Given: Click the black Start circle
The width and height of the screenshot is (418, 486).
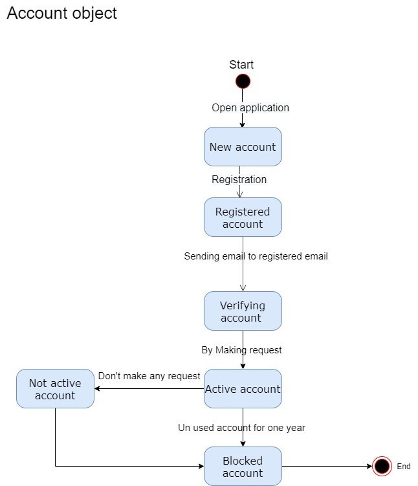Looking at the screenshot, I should (243, 82).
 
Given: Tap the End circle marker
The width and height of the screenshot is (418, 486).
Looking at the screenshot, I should (382, 466).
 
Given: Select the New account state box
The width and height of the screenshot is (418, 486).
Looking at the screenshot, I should (243, 147).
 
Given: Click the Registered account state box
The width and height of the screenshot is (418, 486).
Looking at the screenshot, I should (243, 217).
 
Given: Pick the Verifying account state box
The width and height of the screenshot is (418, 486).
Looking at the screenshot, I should (243, 311).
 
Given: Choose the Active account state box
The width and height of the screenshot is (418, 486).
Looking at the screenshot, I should (243, 389).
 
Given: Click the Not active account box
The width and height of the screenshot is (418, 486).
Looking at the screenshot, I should (55, 389).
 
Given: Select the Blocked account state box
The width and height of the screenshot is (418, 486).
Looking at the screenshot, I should (243, 467).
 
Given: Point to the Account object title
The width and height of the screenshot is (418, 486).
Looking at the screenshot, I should (62, 13).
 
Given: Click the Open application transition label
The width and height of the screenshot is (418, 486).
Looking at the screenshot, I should (250, 107).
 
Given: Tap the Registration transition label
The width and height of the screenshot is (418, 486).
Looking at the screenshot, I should (239, 179).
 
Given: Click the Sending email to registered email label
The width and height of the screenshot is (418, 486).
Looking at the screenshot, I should (256, 256).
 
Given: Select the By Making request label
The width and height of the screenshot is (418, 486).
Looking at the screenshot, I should (241, 350).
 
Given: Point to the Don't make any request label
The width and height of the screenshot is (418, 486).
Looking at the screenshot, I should (149, 376).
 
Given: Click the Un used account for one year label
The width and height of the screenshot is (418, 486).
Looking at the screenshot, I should (241, 428).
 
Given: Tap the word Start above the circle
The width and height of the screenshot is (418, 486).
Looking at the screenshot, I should (241, 65).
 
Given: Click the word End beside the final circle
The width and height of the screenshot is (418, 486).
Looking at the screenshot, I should (403, 467).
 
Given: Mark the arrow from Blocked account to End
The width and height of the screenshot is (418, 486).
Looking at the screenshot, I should (327, 466).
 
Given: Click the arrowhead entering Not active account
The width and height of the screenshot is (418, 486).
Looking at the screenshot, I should (98, 389).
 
